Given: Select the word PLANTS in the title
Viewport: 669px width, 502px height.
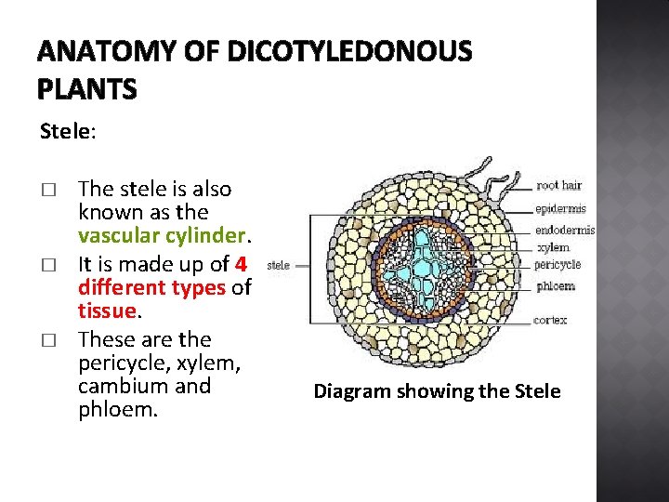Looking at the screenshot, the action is pyautogui.click(x=87, y=89).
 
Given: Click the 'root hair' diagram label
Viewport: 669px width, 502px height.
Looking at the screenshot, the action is pyautogui.click(x=558, y=186).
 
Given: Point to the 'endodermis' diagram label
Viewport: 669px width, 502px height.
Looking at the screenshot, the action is pyautogui.click(x=565, y=231).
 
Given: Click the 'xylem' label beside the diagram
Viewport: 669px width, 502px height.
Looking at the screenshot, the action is pyautogui.click(x=553, y=248).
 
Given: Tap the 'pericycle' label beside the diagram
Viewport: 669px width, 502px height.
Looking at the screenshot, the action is pyautogui.click(x=559, y=265).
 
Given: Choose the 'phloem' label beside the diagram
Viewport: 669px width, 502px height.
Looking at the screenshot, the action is pyautogui.click(x=556, y=285).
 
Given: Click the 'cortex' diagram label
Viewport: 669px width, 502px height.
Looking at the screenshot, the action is pyautogui.click(x=551, y=321).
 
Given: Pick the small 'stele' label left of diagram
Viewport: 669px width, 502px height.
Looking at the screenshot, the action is pyautogui.click(x=278, y=265).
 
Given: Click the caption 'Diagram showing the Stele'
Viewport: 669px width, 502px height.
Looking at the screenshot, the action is pyautogui.click(x=437, y=391).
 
